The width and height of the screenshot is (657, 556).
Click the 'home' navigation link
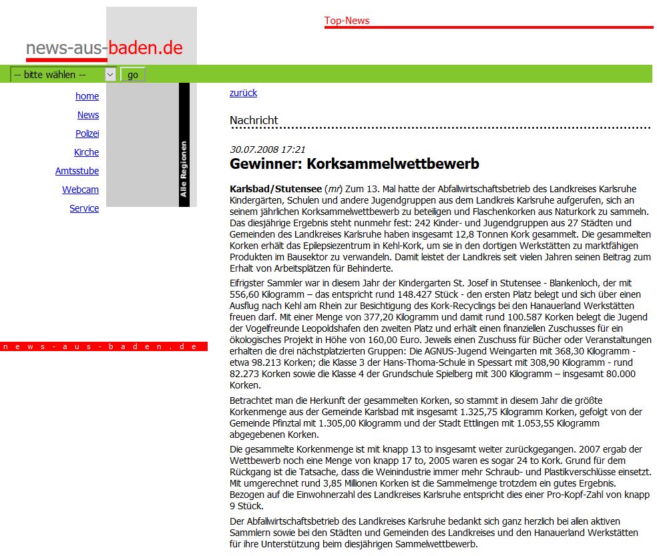pyautogui.click(x=87, y=96)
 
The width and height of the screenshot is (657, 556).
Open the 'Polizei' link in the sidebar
pyautogui.click(x=87, y=133)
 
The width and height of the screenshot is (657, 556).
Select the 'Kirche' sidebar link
pyautogui.click(x=86, y=152)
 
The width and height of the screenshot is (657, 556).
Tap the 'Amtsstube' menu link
pyautogui.click(x=77, y=171)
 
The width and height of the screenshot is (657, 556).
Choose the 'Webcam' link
pyautogui.click(x=80, y=190)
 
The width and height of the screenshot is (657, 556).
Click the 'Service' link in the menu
pyautogui.click(x=84, y=208)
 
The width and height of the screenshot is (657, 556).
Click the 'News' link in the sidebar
pyautogui.click(x=87, y=115)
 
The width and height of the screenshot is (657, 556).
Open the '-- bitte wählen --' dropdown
pyautogui.click(x=63, y=75)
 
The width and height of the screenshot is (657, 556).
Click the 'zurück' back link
pyautogui.click(x=243, y=93)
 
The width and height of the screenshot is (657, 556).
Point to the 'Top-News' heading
pyautogui.click(x=347, y=21)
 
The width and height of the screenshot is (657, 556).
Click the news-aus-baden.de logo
pyautogui.click(x=104, y=48)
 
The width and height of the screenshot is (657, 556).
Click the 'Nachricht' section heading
pyautogui.click(x=254, y=120)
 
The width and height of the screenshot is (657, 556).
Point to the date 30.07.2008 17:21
pyautogui.click(x=267, y=150)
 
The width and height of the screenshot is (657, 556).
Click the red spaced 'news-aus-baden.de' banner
pyautogui.click(x=103, y=346)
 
